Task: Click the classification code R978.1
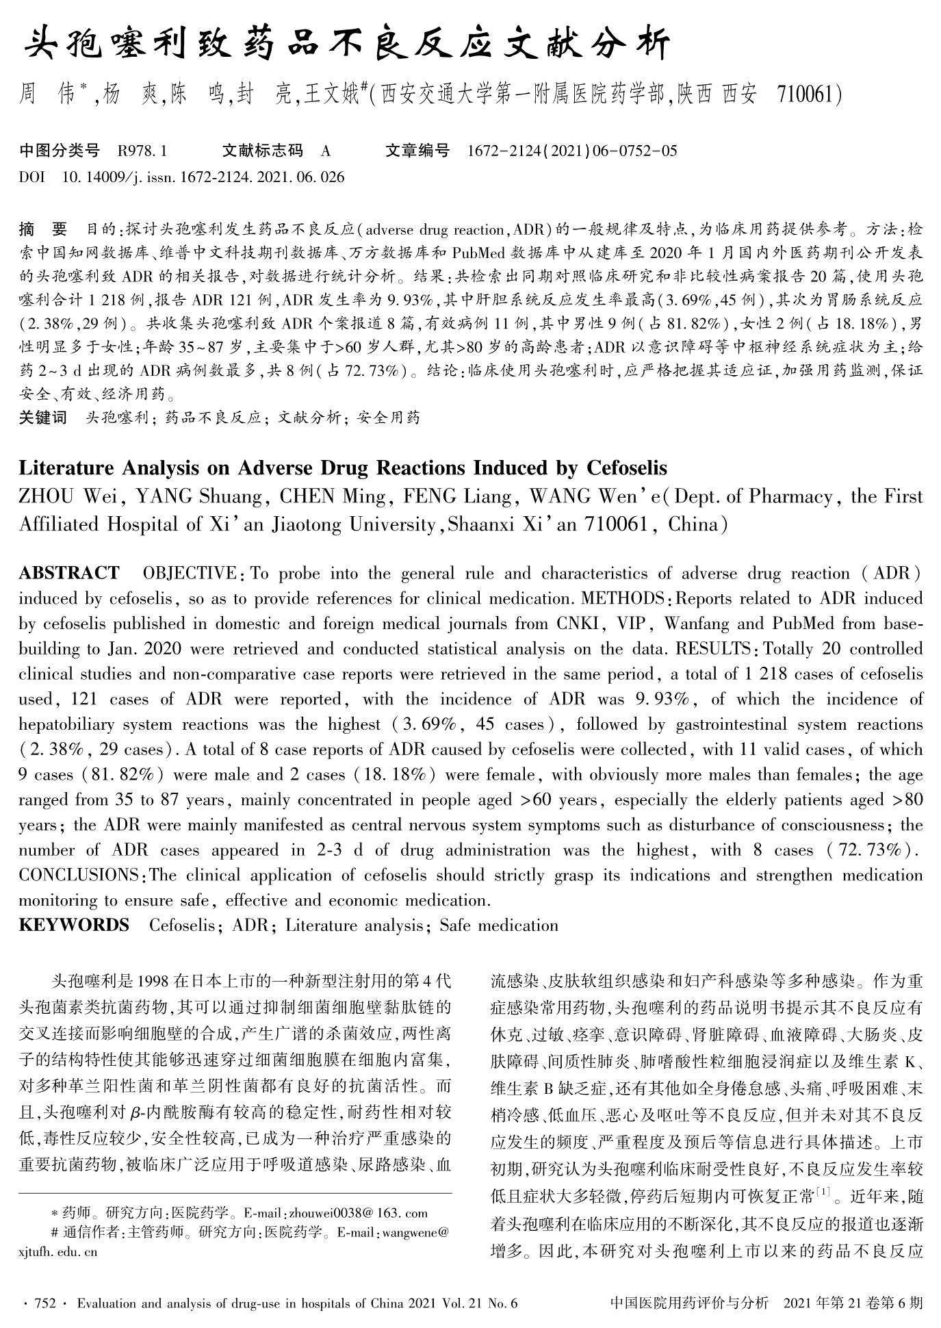(142, 151)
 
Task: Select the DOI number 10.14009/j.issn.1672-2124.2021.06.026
(203, 177)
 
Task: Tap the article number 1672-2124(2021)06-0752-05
(571, 151)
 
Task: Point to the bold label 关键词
(42, 417)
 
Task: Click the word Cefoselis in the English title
(626, 468)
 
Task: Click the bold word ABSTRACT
(68, 573)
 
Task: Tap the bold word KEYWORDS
(73, 925)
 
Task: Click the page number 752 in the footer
(44, 1303)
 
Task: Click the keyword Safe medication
(499, 925)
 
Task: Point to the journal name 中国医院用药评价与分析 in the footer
(688, 1303)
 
